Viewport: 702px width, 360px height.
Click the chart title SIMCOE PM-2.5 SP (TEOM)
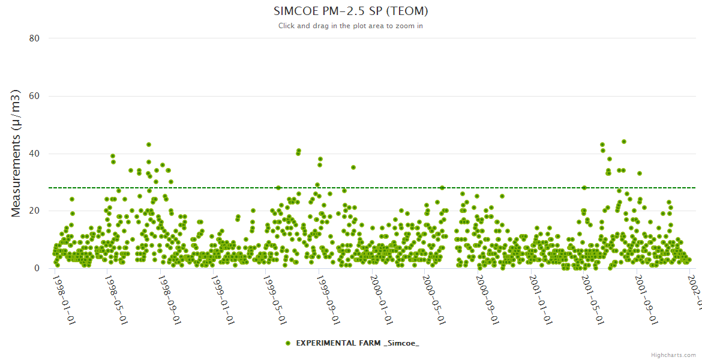click(x=350, y=11)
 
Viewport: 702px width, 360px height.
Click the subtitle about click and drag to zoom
click(x=350, y=26)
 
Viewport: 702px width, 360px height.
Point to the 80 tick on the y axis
click(x=34, y=38)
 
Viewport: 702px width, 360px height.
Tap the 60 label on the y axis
click(x=34, y=96)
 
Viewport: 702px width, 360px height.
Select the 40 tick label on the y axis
click(x=34, y=154)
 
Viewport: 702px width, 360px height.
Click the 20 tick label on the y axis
click(x=34, y=211)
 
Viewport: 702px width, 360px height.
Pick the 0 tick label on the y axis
click(x=37, y=269)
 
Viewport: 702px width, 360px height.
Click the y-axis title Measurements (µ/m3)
click(x=17, y=154)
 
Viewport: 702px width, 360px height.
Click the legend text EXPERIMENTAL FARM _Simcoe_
click(x=358, y=343)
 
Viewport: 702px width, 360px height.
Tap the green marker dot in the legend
click(x=288, y=343)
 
